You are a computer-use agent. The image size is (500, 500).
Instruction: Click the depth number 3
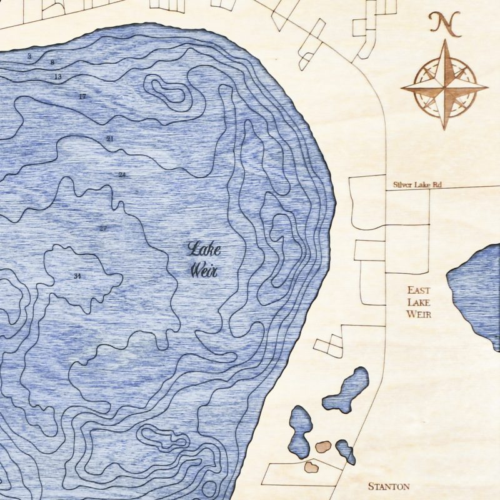(x=29, y=56)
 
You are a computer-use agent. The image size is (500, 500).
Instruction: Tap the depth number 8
(x=52, y=62)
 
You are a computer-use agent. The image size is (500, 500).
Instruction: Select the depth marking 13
(x=58, y=76)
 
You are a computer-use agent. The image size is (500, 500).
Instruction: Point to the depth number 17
(x=82, y=96)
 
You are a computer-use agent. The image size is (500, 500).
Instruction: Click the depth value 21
(x=110, y=138)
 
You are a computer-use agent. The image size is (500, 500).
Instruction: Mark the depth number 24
(x=122, y=175)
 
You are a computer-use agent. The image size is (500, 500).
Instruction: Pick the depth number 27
(x=103, y=228)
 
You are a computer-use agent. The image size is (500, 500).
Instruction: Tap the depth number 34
(x=77, y=276)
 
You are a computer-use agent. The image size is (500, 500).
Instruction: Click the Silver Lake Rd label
(x=418, y=185)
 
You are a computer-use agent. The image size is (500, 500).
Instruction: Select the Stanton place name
(x=388, y=486)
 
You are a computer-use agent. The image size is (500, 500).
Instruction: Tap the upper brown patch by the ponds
(x=322, y=446)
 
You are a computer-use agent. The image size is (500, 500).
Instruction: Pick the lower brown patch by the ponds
(x=311, y=466)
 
